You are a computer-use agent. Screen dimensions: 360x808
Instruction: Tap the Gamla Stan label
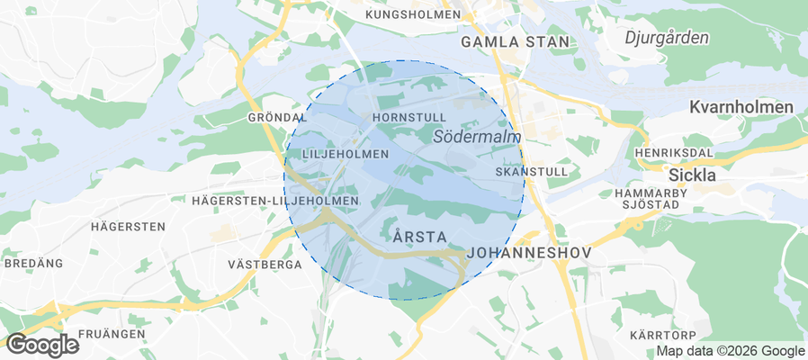(x=516, y=41)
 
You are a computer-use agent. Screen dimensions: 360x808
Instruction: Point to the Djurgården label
(x=667, y=38)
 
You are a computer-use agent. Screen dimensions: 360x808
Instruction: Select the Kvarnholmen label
(x=741, y=107)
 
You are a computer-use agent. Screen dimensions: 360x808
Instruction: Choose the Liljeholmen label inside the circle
(x=346, y=154)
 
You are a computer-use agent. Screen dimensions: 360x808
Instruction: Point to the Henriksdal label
(x=667, y=153)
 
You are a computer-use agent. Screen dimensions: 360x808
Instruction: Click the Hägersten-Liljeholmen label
(x=275, y=200)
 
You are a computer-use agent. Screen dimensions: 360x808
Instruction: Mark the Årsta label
(x=420, y=237)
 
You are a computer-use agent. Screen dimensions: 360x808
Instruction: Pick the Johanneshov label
(x=530, y=254)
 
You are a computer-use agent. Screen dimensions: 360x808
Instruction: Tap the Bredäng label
(x=34, y=264)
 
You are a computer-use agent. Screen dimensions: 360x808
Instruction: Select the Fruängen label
(x=112, y=334)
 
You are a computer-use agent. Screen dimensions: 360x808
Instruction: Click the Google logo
(x=42, y=345)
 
